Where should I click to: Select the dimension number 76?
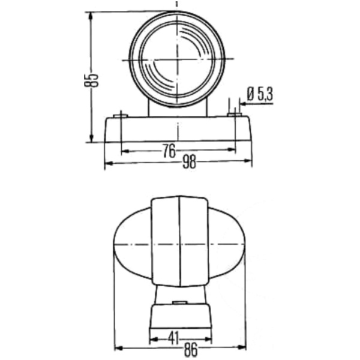[x=169, y=151]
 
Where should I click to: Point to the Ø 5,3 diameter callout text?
[x=260, y=93]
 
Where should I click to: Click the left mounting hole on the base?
[x=121, y=115]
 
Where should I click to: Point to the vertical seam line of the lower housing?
[x=180, y=240]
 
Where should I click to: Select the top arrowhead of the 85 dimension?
[x=91, y=16]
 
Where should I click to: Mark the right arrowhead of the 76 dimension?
[x=233, y=151]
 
